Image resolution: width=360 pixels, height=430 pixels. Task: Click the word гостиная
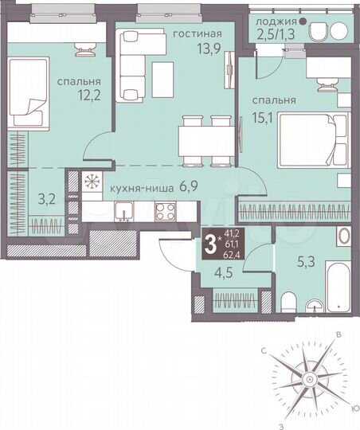click(x=195, y=33)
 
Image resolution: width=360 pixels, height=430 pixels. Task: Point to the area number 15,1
click(x=264, y=116)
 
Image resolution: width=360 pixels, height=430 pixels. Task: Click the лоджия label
click(x=273, y=21)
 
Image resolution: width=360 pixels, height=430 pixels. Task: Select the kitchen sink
click(x=123, y=211)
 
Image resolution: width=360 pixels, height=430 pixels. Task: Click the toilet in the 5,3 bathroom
click(x=291, y=302)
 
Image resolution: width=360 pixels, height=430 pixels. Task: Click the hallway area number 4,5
click(x=214, y=277)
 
